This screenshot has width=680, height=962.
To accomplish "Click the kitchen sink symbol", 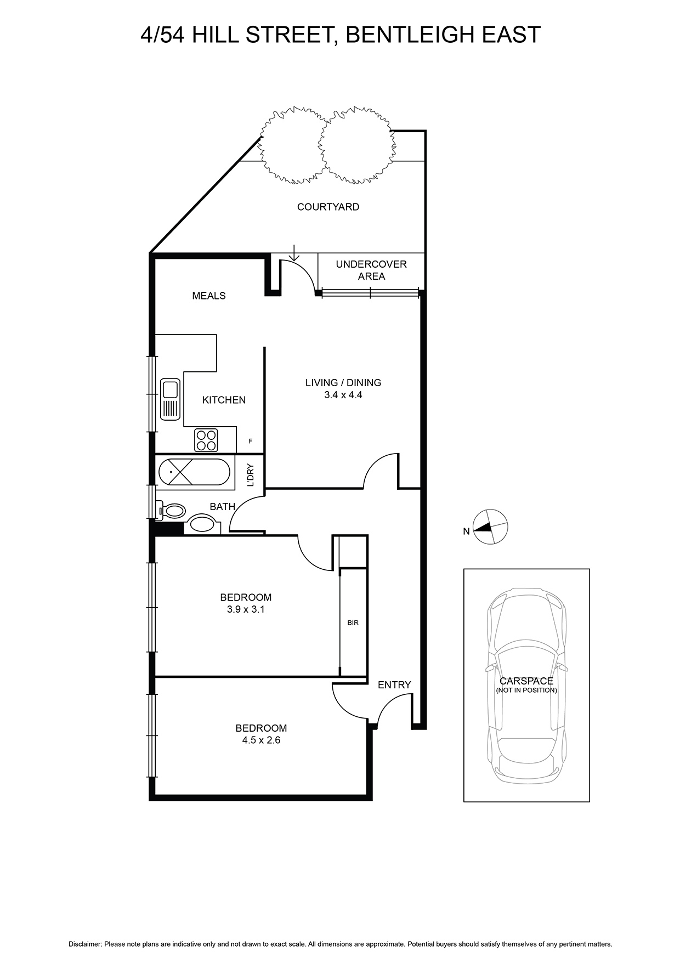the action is (x=171, y=399).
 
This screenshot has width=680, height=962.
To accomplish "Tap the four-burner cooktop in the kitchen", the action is (x=206, y=440).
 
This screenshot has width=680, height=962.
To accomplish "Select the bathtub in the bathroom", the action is (x=192, y=472).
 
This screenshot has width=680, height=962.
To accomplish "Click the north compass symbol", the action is (x=490, y=527).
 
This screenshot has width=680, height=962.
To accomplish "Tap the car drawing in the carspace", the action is (x=526, y=686).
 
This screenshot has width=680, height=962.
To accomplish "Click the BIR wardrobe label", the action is (x=353, y=623).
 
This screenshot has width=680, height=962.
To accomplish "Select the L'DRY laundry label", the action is (x=251, y=476).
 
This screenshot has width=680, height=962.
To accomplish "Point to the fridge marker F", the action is (x=251, y=441).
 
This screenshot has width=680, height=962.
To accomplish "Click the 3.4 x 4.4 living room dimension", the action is (x=343, y=394).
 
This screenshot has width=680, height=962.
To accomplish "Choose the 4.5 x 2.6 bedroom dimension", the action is (x=262, y=740).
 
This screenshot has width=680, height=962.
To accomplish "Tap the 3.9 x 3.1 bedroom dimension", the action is (x=246, y=609).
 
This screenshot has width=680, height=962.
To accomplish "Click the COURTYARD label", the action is (x=328, y=207).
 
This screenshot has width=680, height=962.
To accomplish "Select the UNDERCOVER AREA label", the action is (x=371, y=270).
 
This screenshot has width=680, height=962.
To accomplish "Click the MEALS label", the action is (x=209, y=296).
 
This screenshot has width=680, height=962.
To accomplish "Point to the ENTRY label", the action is (x=394, y=684).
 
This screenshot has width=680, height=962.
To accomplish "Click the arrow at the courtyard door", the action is (x=294, y=253).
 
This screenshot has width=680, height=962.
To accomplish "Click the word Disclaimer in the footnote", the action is (x=86, y=944).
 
